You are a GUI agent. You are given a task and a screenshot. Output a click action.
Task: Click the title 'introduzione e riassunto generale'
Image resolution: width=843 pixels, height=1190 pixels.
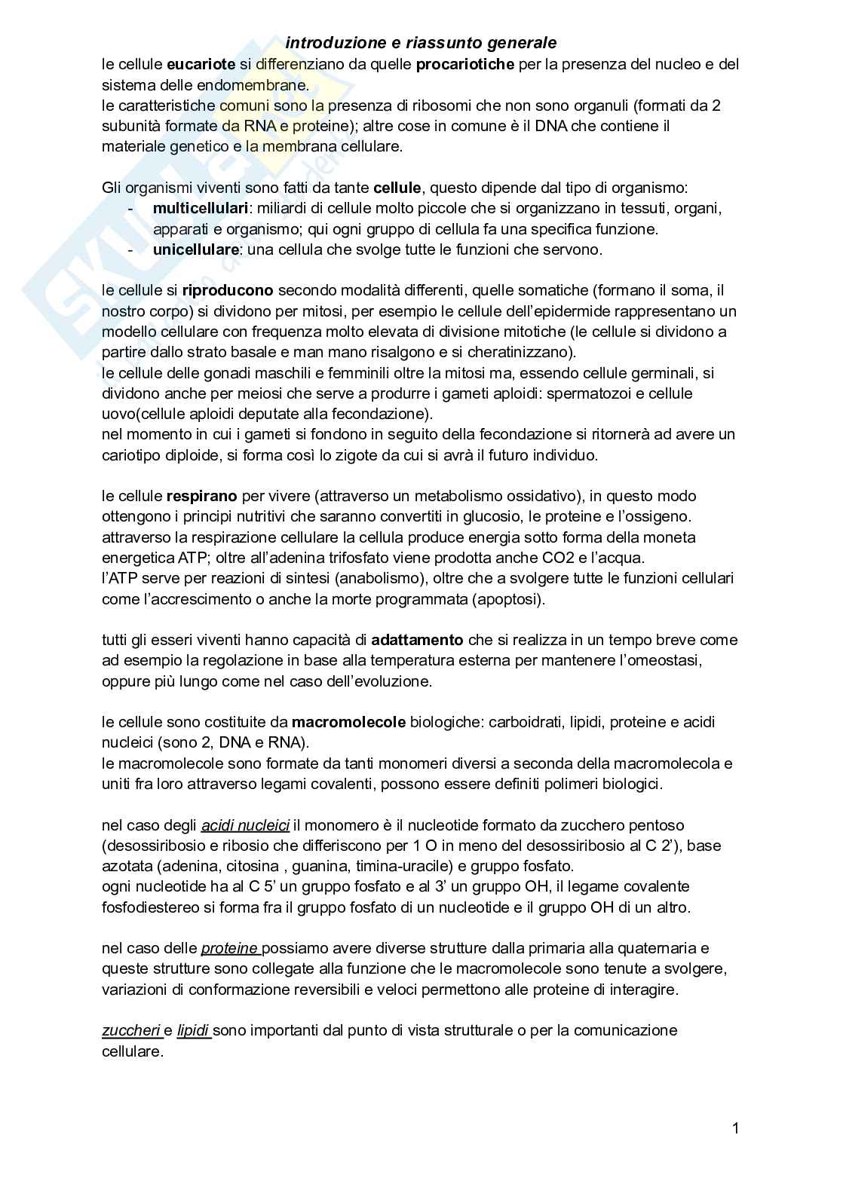click(421, 44)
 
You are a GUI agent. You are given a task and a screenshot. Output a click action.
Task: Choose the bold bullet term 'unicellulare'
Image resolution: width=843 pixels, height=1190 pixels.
click(196, 249)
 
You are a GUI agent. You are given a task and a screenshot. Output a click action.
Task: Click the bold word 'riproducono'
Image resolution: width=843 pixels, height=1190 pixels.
click(228, 290)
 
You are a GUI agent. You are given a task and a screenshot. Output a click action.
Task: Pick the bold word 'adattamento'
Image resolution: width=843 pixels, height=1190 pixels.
click(417, 640)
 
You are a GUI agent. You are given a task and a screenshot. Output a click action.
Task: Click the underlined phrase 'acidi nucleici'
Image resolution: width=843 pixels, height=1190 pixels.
click(245, 825)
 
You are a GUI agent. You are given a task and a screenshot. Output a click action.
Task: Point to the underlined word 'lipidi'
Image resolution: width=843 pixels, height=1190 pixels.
click(193, 1030)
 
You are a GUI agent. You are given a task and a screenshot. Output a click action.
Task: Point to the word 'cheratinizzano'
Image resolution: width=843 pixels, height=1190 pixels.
click(520, 352)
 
